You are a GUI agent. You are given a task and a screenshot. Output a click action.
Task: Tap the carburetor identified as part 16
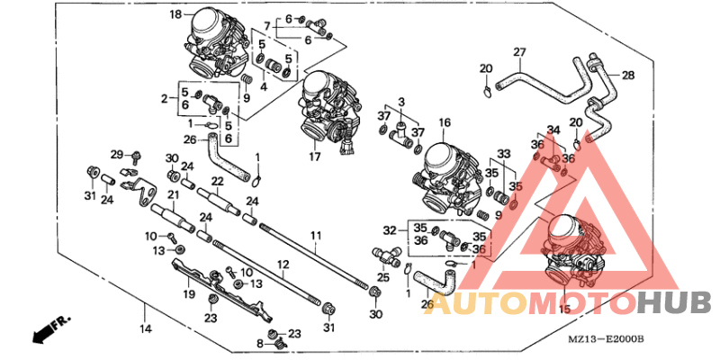pyautogui.click(x=445, y=171)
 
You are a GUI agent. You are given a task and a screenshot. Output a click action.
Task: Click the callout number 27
pyautogui.click(x=520, y=51)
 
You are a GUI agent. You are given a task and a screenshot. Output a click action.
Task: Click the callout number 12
pyautogui.click(x=282, y=265)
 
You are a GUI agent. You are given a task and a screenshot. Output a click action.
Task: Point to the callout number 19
pyautogui.click(x=189, y=294)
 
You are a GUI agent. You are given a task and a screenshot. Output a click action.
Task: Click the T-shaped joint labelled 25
pyautogui.click(x=386, y=256)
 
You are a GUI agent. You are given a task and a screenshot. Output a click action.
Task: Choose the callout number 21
pyautogui.click(x=172, y=193)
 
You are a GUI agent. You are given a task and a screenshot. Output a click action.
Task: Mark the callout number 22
pyautogui.click(x=216, y=180)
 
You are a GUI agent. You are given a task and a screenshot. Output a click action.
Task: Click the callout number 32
pyautogui.click(x=389, y=229)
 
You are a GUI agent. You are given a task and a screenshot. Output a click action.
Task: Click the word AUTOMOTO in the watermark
pyautogui.click(x=530, y=302)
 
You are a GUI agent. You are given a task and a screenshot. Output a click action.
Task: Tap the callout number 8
pyautogui.click(x=260, y=343)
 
